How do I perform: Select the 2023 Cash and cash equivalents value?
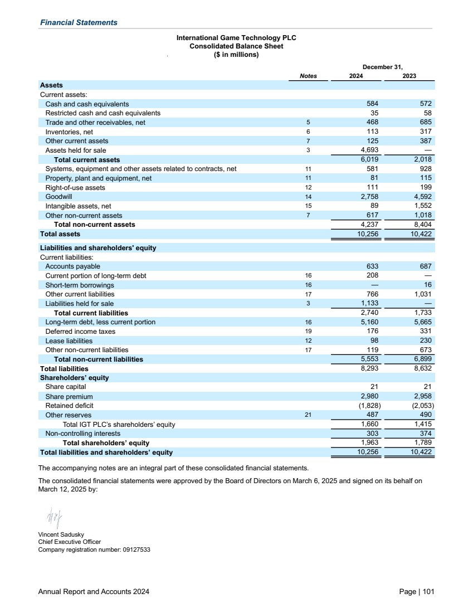point(425,104)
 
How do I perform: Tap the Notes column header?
point(308,76)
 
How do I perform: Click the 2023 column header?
point(409,76)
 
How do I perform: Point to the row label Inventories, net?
point(69,132)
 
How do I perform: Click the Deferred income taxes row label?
point(80,332)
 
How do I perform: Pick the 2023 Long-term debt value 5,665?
point(422,322)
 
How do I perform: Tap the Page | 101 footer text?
point(417,592)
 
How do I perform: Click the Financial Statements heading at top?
point(79,22)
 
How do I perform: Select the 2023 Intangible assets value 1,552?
point(422,206)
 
